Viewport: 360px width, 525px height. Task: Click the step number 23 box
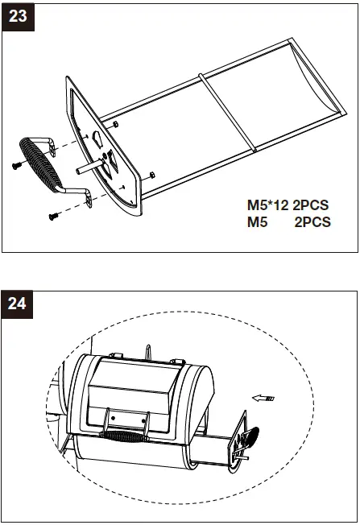coord(18,17)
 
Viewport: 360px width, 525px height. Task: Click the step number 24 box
coord(18,304)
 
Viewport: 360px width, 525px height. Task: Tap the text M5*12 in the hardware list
coord(267,205)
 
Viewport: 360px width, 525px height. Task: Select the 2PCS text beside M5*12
coord(310,205)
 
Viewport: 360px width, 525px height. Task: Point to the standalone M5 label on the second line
coord(257,222)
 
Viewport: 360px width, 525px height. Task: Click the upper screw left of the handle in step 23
coord(16,165)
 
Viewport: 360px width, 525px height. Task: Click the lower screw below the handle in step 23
coord(54,217)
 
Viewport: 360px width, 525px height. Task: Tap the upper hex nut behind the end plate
coord(115,125)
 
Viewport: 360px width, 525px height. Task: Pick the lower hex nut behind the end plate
coord(151,175)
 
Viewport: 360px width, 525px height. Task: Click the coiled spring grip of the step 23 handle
coord(39,164)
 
